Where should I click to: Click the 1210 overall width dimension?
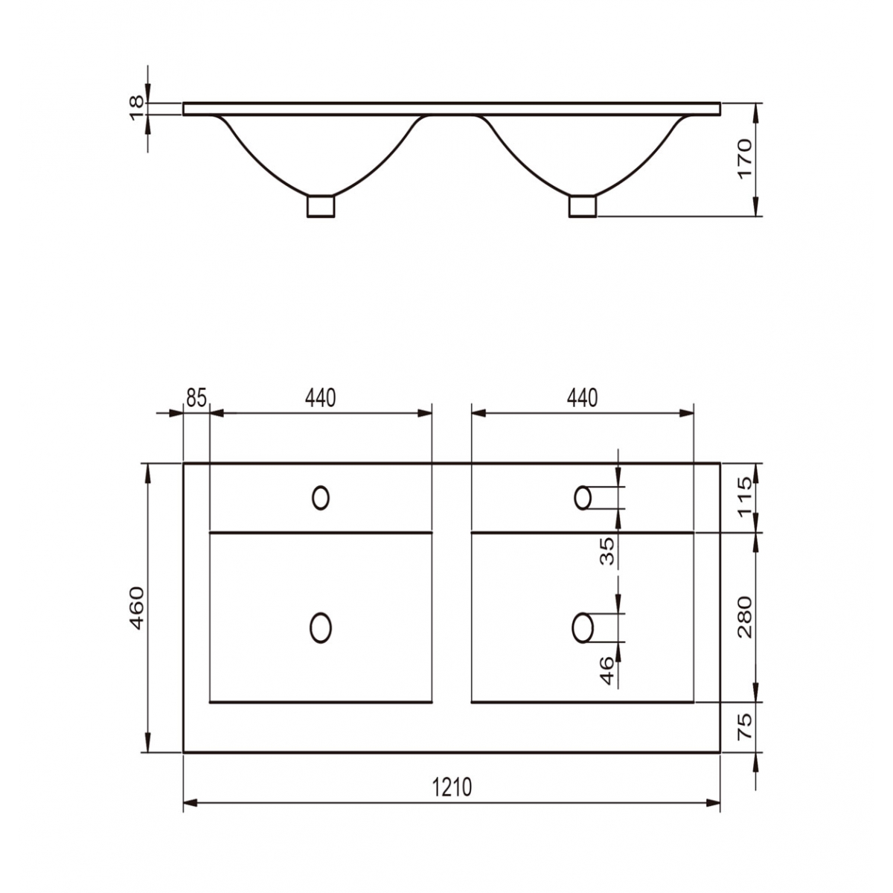(x=452, y=787)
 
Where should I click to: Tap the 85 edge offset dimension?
(x=196, y=398)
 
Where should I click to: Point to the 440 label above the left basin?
(x=321, y=398)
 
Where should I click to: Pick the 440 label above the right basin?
(x=582, y=398)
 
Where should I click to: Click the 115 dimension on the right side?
(x=746, y=497)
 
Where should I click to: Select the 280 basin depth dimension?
(x=746, y=617)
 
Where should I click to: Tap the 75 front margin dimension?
(x=746, y=726)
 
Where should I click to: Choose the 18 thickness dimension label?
(x=137, y=108)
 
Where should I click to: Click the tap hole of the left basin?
(x=321, y=498)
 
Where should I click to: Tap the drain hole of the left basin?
(x=321, y=627)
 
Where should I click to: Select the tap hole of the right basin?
(x=583, y=498)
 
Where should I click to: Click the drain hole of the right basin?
(x=583, y=627)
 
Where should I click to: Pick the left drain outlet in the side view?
(x=321, y=206)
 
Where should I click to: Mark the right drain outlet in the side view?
(x=583, y=206)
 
